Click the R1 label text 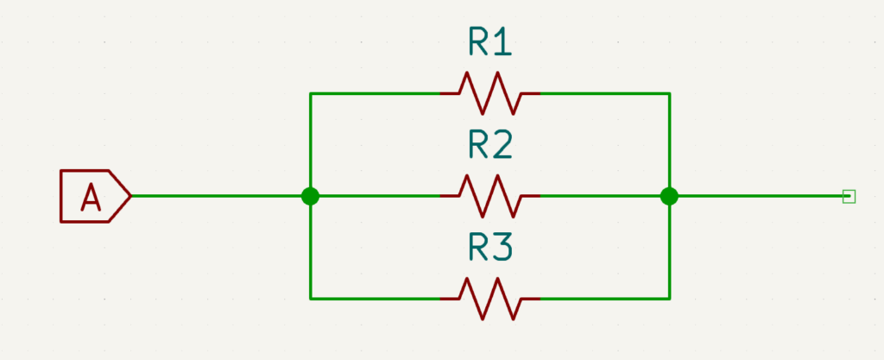[x=490, y=41]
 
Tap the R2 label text [x=490, y=144]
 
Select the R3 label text [x=490, y=247]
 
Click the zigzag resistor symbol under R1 [x=490, y=93]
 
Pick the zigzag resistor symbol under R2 [x=490, y=196]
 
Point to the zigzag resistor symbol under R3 [x=490, y=299]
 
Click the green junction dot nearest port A [x=310, y=196]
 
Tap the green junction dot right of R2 [x=669, y=196]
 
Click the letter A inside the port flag [x=90, y=197]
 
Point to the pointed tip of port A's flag [x=131, y=196]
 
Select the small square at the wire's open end [x=849, y=196]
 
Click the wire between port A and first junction [x=221, y=196]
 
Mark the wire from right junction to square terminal [x=759, y=196]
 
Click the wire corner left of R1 [x=310, y=93]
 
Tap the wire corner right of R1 [x=669, y=93]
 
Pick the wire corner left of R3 [x=310, y=299]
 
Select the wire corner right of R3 [x=669, y=299]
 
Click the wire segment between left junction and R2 [x=375, y=196]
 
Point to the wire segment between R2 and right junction [x=604, y=196]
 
